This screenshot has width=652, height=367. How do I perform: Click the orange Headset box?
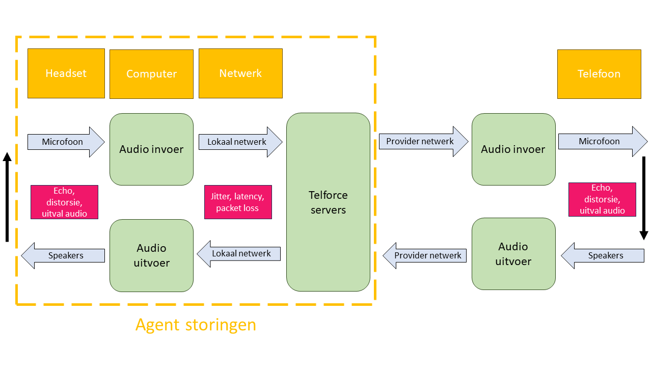pos(66,73)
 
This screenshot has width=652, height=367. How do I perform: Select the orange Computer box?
pos(151,74)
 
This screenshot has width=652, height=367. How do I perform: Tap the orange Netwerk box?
pos(240,73)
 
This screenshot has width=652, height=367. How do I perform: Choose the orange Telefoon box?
pos(599,74)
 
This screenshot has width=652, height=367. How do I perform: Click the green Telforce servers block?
pos(328,202)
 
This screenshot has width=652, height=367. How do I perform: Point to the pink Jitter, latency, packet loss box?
pos(238,202)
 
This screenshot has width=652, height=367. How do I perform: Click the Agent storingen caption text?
pos(196,325)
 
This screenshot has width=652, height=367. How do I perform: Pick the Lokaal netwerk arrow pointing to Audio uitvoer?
pos(239,254)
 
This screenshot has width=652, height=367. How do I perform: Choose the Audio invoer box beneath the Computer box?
pos(151,149)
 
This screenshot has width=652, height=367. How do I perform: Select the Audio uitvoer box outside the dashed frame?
pos(513,254)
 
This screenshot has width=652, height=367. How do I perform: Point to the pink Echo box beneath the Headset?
pos(64,202)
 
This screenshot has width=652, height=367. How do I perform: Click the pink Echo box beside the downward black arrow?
pos(602,199)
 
